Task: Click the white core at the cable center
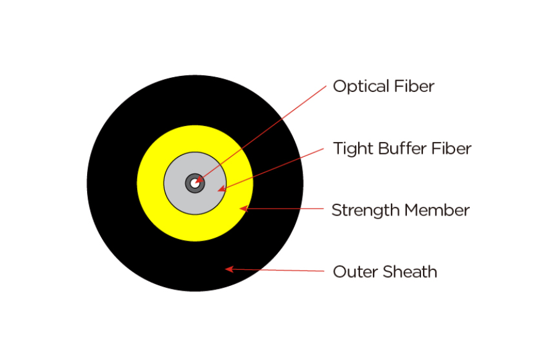pyautogui.click(x=194, y=183)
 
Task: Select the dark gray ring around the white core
pyautogui.click(x=189, y=187)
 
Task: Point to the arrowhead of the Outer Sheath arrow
pyautogui.click(x=228, y=269)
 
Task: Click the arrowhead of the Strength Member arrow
pyautogui.click(x=243, y=209)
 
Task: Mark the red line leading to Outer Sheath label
pyautogui.click(x=278, y=270)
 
